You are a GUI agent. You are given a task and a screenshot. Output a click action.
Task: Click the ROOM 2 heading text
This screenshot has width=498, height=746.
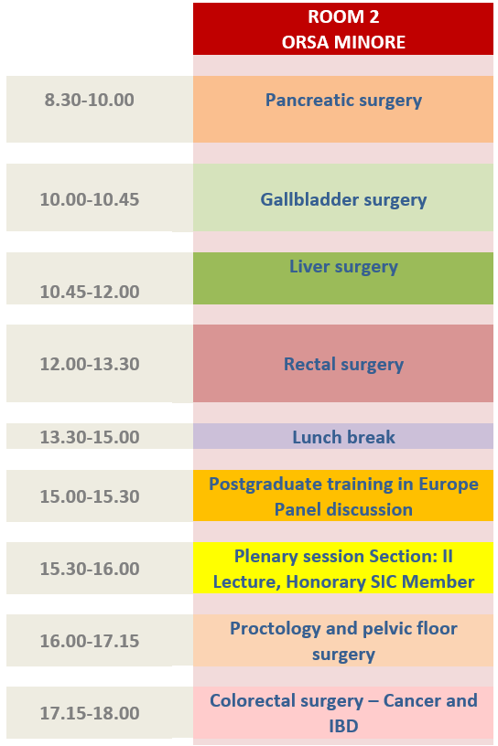click(343, 16)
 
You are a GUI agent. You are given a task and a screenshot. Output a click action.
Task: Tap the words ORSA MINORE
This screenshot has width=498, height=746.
click(343, 42)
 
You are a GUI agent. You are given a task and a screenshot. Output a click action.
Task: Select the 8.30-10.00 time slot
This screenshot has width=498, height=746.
click(90, 100)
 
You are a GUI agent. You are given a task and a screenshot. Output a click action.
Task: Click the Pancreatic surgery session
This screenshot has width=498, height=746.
click(343, 101)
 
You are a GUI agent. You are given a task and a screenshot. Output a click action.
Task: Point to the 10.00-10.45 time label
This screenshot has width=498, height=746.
click(90, 199)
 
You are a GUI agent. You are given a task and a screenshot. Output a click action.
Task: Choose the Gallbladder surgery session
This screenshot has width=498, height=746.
click(343, 200)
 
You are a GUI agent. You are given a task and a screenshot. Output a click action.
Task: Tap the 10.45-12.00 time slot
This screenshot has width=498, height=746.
click(90, 292)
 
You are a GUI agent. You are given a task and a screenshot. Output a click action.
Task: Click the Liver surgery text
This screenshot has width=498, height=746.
click(343, 267)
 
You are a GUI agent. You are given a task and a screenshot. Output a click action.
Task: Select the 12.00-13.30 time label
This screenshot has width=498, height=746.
click(90, 364)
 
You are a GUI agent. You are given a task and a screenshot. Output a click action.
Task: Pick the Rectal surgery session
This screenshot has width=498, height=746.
click(343, 365)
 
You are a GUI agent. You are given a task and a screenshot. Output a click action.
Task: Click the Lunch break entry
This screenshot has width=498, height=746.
click(343, 437)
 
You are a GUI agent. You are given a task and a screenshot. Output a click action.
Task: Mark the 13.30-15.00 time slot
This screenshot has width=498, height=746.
click(90, 437)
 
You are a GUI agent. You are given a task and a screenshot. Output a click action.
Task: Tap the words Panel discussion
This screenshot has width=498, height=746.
click(343, 509)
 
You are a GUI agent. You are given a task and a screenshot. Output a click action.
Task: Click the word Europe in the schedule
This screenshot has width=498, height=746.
click(449, 484)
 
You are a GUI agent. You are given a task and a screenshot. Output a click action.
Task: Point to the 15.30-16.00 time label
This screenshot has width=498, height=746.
click(90, 569)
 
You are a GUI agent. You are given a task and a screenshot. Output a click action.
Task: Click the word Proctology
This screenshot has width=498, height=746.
click(275, 629)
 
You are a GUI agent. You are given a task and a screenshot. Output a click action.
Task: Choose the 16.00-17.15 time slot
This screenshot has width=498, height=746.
click(90, 641)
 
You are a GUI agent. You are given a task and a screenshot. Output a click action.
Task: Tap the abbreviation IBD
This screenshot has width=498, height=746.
click(343, 727)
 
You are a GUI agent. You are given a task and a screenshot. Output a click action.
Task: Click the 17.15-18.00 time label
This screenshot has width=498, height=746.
click(90, 713)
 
